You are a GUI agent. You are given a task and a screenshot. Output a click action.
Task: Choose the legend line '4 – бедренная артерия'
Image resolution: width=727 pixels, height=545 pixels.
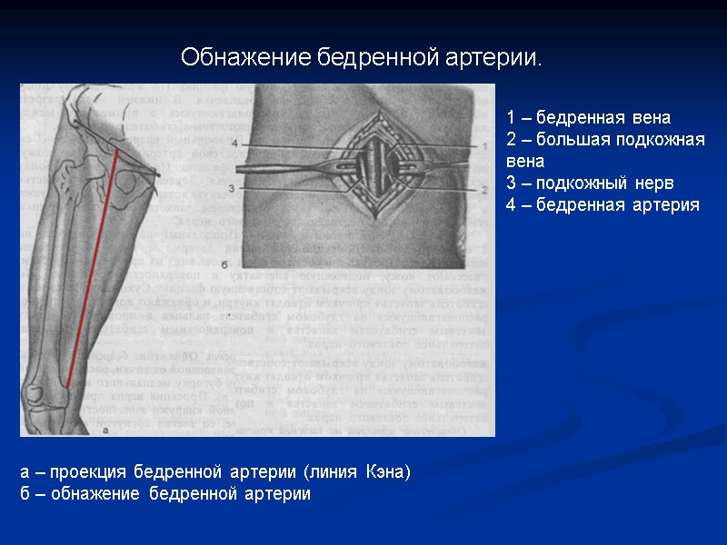point(603,205)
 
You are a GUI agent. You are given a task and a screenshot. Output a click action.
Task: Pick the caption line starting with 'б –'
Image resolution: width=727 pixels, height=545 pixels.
point(164,494)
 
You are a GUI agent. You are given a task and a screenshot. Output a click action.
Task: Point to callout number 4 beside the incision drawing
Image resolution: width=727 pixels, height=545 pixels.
point(235,144)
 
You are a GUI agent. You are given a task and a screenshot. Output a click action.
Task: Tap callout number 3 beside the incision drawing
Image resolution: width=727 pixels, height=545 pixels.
point(233,188)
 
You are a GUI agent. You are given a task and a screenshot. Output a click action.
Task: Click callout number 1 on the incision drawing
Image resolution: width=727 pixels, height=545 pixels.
point(484,145)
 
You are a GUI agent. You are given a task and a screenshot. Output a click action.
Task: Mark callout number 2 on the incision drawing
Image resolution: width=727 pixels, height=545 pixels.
point(484,190)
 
